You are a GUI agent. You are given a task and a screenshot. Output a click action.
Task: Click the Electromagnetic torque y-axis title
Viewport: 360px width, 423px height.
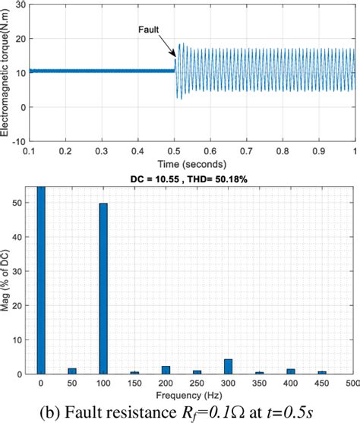click(x=7, y=72)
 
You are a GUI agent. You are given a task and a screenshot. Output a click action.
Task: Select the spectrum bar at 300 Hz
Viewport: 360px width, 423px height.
click(x=228, y=366)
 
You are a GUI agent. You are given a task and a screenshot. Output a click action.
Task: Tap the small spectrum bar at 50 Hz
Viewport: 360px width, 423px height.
click(x=72, y=371)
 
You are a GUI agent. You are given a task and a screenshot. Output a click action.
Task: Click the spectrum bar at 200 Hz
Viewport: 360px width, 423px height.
click(x=166, y=370)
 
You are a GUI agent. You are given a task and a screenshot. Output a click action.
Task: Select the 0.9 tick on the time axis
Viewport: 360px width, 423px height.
click(x=318, y=152)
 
